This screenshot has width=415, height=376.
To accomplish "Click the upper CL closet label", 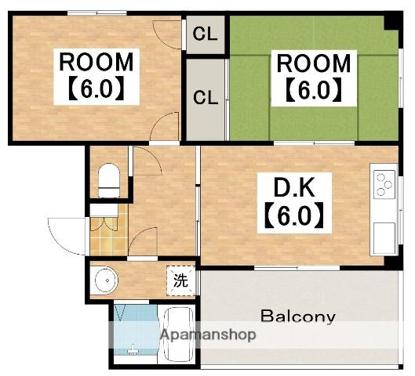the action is (x=205, y=34).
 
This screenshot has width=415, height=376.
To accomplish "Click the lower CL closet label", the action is (x=206, y=97).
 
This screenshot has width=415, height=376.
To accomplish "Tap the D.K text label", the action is (x=294, y=187).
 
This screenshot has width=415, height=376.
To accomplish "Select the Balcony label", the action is (x=298, y=316).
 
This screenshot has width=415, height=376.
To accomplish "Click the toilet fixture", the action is (x=109, y=180).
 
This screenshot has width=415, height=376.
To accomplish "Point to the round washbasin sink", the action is (x=104, y=280).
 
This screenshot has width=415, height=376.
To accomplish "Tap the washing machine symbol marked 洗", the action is (x=180, y=280).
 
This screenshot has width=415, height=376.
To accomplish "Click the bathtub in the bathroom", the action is (x=178, y=334).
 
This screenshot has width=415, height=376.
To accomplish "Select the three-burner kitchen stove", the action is (x=384, y=184).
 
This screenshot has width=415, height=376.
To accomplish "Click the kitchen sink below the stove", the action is (x=384, y=238).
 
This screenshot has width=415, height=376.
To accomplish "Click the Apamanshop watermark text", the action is (x=209, y=335).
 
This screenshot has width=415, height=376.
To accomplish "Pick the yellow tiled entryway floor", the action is (x=109, y=236).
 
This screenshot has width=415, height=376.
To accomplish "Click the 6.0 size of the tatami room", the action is (x=314, y=90).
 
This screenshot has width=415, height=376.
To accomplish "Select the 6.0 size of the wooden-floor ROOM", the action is (x=96, y=88).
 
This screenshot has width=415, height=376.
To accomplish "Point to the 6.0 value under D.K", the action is (x=294, y=215).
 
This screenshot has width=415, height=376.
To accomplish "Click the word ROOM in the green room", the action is (x=314, y=63).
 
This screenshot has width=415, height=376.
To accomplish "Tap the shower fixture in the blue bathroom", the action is (x=133, y=349).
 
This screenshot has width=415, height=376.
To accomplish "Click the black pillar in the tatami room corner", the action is (x=391, y=22).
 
